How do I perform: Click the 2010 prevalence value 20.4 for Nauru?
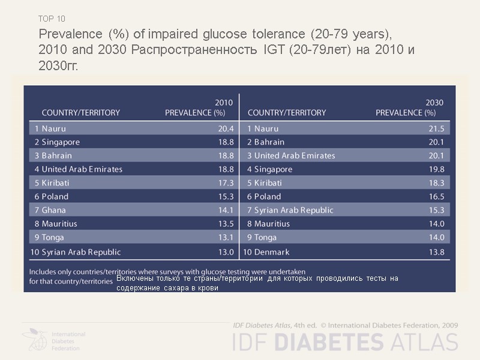[x=226, y=128]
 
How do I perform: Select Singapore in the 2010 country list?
[x=57, y=142]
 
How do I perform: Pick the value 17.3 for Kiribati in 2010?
[x=226, y=183]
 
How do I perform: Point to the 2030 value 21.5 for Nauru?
[x=437, y=128]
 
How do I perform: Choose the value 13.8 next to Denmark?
[x=437, y=252]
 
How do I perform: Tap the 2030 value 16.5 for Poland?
[x=437, y=196]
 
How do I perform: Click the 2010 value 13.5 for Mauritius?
[x=226, y=224]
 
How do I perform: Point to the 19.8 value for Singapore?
[x=437, y=169]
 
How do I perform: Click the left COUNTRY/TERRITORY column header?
[x=80, y=112]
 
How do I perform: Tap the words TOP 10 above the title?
[x=52, y=19]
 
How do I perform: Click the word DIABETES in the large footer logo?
[x=333, y=342]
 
